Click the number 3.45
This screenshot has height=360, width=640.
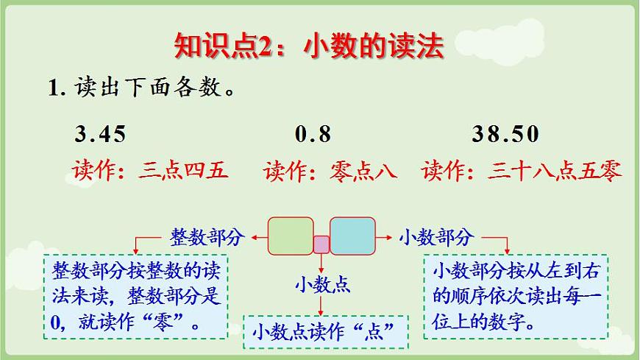[x=100, y=134]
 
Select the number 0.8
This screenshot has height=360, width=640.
[x=313, y=134]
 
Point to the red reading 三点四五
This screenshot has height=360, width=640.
[x=182, y=172]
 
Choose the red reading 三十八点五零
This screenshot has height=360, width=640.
[x=555, y=172]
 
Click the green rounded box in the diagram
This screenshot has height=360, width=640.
[x=291, y=235]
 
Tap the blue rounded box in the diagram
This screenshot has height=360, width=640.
[x=352, y=235]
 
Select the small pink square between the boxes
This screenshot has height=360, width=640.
[x=321, y=244]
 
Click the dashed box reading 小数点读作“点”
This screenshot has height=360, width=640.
[x=325, y=331]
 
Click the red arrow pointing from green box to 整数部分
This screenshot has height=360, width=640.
[x=257, y=237]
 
